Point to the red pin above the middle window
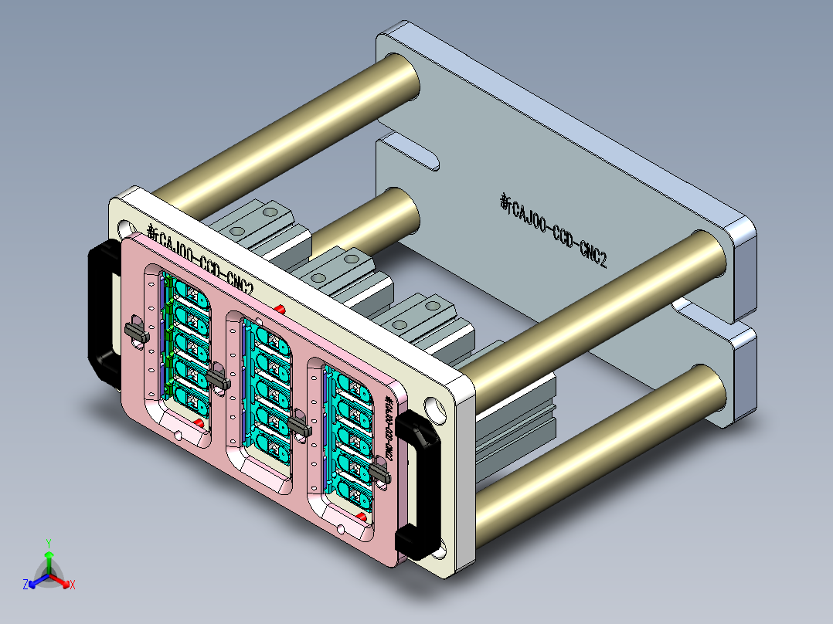[x=280, y=309]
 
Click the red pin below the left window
[x=199, y=424]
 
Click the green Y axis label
[x=48, y=543]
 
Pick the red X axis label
[x=72, y=585]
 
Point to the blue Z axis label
[x=25, y=585]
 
